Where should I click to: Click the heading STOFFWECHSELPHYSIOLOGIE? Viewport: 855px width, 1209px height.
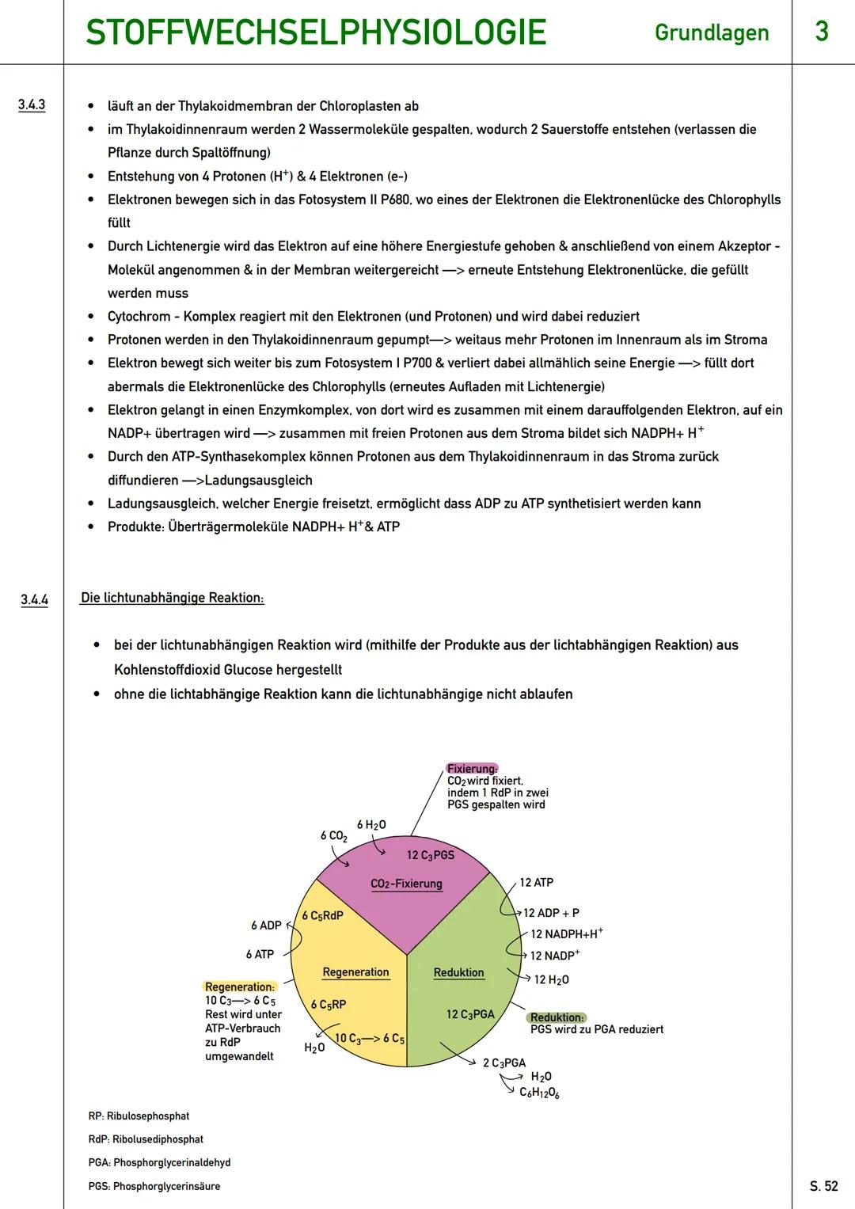315,32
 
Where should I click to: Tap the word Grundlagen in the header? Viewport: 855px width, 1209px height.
711,32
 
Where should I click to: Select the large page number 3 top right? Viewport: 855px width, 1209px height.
822,32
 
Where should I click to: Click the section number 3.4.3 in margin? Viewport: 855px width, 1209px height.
32,105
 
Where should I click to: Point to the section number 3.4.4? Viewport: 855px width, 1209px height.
34,599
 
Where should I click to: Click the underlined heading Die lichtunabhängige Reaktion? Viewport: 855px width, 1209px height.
172,598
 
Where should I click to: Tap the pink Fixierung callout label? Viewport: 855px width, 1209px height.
472,768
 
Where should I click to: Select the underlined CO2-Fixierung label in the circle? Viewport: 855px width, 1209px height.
406,884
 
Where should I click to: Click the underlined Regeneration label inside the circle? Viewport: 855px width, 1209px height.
355,972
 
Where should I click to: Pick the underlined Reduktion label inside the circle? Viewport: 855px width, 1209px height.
458,972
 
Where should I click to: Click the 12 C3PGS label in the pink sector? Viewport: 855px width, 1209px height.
430,855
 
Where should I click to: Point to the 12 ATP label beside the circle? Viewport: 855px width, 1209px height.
536,882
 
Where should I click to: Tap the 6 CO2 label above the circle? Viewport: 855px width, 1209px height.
333,836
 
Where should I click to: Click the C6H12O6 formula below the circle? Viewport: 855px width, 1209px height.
539,1093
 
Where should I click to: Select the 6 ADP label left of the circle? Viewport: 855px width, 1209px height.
266,926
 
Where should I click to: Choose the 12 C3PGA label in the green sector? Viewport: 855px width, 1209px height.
470,1014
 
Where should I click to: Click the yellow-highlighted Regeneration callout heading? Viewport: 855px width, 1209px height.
240,987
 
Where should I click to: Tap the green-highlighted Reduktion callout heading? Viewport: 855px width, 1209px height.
557,1017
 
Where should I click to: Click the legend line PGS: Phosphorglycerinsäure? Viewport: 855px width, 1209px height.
154,1186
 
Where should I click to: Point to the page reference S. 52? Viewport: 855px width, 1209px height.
823,1186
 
